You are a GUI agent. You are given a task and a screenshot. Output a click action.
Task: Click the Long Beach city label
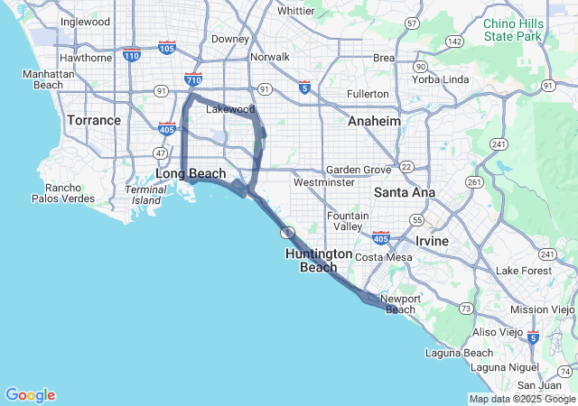[x=190, y=173]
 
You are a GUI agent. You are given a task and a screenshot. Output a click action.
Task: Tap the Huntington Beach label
[x=318, y=261]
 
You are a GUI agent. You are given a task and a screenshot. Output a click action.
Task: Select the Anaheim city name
[x=374, y=121]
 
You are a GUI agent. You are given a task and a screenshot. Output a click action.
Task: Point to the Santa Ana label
[x=405, y=192]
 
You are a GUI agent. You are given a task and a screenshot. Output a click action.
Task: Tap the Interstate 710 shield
[x=192, y=79]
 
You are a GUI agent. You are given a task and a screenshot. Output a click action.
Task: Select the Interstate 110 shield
[x=132, y=56]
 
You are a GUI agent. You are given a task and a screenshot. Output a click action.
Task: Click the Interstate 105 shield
[x=166, y=46]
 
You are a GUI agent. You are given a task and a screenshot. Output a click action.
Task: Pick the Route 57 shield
[x=412, y=23]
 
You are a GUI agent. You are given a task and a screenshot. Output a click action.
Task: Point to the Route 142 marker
[x=455, y=42]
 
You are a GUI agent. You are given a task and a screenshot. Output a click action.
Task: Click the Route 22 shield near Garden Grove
[x=407, y=166]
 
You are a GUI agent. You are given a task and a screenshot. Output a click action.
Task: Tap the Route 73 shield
[x=465, y=309]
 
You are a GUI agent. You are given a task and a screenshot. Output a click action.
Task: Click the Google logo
[x=30, y=394]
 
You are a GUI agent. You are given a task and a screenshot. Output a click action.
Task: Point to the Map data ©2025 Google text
[x=522, y=399]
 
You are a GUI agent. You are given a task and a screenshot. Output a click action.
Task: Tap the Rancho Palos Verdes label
[x=58, y=193]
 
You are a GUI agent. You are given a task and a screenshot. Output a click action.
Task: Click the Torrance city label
[x=94, y=120]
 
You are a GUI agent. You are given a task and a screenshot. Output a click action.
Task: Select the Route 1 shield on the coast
[x=285, y=232]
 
